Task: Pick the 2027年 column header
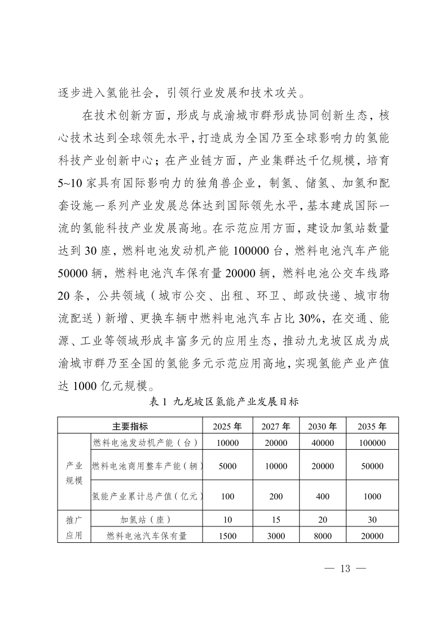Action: click(276, 426)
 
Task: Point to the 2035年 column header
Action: click(372, 426)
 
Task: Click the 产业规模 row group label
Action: click(74, 473)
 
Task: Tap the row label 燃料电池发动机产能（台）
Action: click(148, 442)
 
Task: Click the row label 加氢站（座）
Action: click(146, 519)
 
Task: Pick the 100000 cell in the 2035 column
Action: click(372, 443)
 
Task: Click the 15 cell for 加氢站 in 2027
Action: click(276, 520)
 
